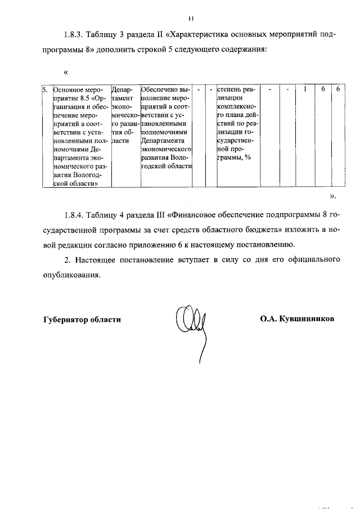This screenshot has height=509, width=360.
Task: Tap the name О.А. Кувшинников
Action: [297, 318]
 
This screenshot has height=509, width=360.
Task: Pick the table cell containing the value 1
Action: [304, 89]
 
